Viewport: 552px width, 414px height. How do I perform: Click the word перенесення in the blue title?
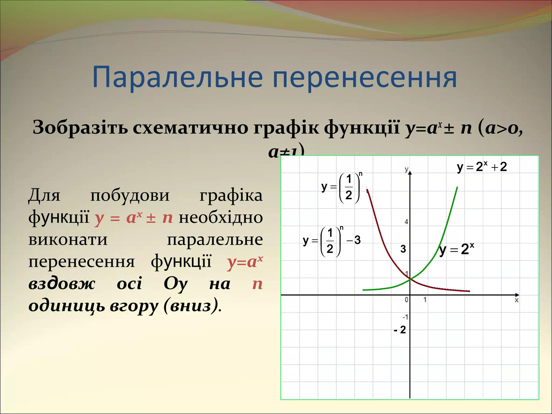point(365,77)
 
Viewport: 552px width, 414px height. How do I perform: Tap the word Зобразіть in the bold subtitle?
point(80,127)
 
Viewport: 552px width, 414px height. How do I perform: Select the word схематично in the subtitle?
point(190,127)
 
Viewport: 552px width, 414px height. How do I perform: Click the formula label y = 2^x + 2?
point(482,167)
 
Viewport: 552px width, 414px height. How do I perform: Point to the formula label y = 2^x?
point(456,249)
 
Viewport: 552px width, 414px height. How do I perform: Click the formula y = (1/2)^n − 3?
point(331,241)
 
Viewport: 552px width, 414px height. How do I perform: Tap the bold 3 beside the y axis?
point(403,249)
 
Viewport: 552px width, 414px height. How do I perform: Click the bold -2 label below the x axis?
point(400,330)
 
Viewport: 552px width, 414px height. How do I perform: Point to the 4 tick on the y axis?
point(406,222)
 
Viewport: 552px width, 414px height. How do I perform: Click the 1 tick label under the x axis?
point(425,300)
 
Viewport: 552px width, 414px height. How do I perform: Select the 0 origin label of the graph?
point(406,300)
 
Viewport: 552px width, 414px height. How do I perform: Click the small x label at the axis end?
point(516,300)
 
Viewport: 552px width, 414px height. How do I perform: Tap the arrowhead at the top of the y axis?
point(410,172)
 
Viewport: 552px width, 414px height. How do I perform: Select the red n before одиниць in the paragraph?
point(257,284)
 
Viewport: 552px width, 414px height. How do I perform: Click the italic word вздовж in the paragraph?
point(62,284)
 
